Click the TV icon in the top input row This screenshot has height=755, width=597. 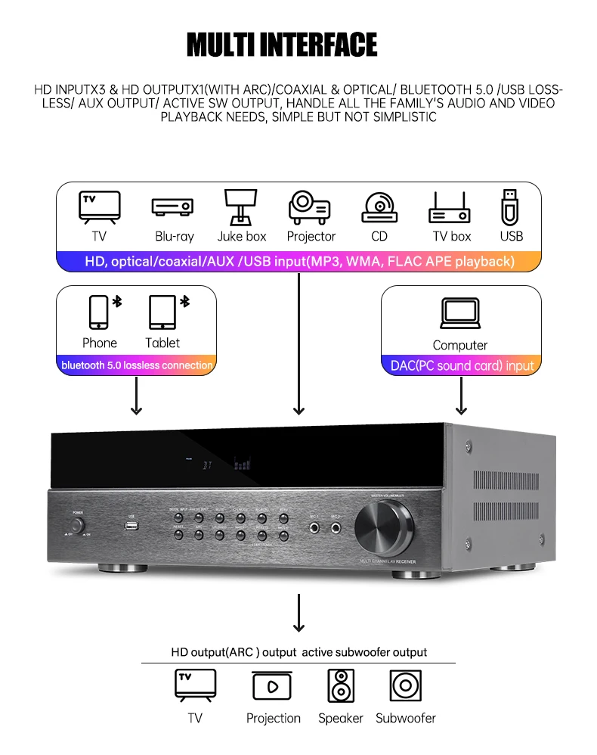99,206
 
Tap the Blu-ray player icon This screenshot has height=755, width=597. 173,206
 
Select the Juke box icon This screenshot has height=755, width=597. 241,206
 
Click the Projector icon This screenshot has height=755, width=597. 310,206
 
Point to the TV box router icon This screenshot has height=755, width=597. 450,206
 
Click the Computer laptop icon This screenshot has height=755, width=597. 460,312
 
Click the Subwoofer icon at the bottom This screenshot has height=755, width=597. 406,685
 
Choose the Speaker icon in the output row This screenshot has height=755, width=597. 341,685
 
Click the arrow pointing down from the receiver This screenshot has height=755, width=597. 299,612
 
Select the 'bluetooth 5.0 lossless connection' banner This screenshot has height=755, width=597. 137,365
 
